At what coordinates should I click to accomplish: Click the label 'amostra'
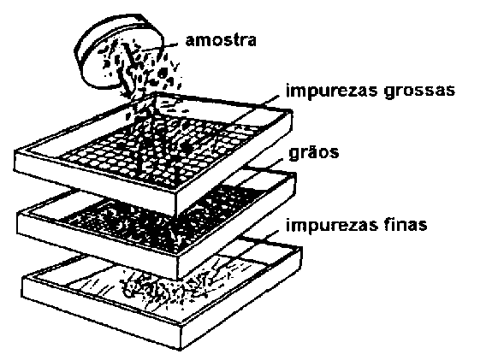[x=221, y=41]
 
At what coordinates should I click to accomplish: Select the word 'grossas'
[x=419, y=91]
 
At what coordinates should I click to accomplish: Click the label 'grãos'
[x=314, y=153]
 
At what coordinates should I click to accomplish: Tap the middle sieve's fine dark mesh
[x=165, y=219]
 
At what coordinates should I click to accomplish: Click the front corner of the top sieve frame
[x=176, y=193]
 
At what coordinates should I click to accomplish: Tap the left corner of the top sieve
[x=15, y=152]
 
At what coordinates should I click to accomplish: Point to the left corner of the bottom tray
[x=22, y=278]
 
